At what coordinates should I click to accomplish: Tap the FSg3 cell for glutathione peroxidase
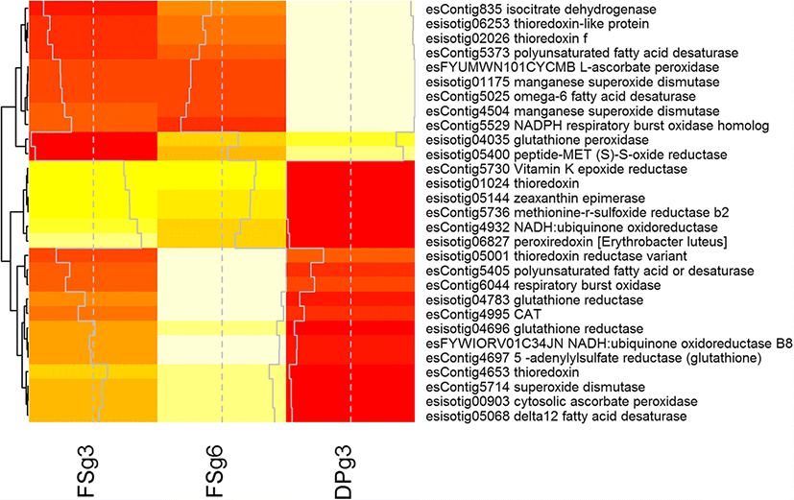[x=92, y=140]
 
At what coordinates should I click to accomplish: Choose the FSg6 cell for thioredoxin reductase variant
[x=221, y=255]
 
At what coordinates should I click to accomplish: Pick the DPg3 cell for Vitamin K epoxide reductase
[x=350, y=169]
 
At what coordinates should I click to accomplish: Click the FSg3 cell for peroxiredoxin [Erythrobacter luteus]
[x=92, y=241]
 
